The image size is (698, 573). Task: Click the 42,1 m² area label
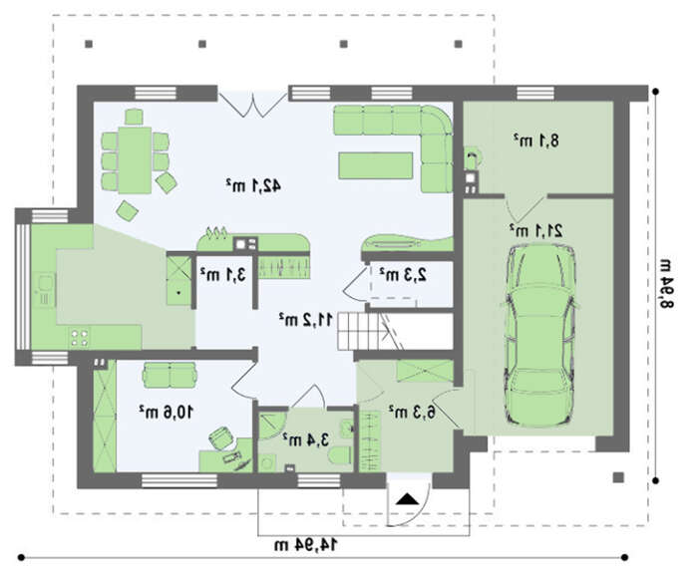pos(253,185)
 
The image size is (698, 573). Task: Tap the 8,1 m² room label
pos(536,141)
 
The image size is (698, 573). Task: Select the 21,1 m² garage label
pos(536,230)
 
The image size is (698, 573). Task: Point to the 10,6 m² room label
pos(166,412)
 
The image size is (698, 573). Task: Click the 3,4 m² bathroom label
pos(305,439)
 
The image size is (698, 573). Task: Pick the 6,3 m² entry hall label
pos(412,412)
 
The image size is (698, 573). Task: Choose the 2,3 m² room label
pos(403,274)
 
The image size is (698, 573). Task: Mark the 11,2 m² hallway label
pos(306,319)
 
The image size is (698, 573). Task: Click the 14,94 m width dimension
pos(306,544)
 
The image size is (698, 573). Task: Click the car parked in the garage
pos(539,335)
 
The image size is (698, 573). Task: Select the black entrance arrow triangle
pos(408,499)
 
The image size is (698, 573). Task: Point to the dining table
pos(135,160)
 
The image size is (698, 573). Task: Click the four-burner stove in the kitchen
pos(80,337)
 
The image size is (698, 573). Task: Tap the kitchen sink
pos(44,291)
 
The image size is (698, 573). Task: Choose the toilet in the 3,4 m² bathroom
pos(341,456)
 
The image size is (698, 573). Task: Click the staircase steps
pos(359,331)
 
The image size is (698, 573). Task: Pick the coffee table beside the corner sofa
pos(376,165)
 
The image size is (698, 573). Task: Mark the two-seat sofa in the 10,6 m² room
pos(170,375)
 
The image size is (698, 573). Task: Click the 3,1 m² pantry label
pos(223,274)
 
